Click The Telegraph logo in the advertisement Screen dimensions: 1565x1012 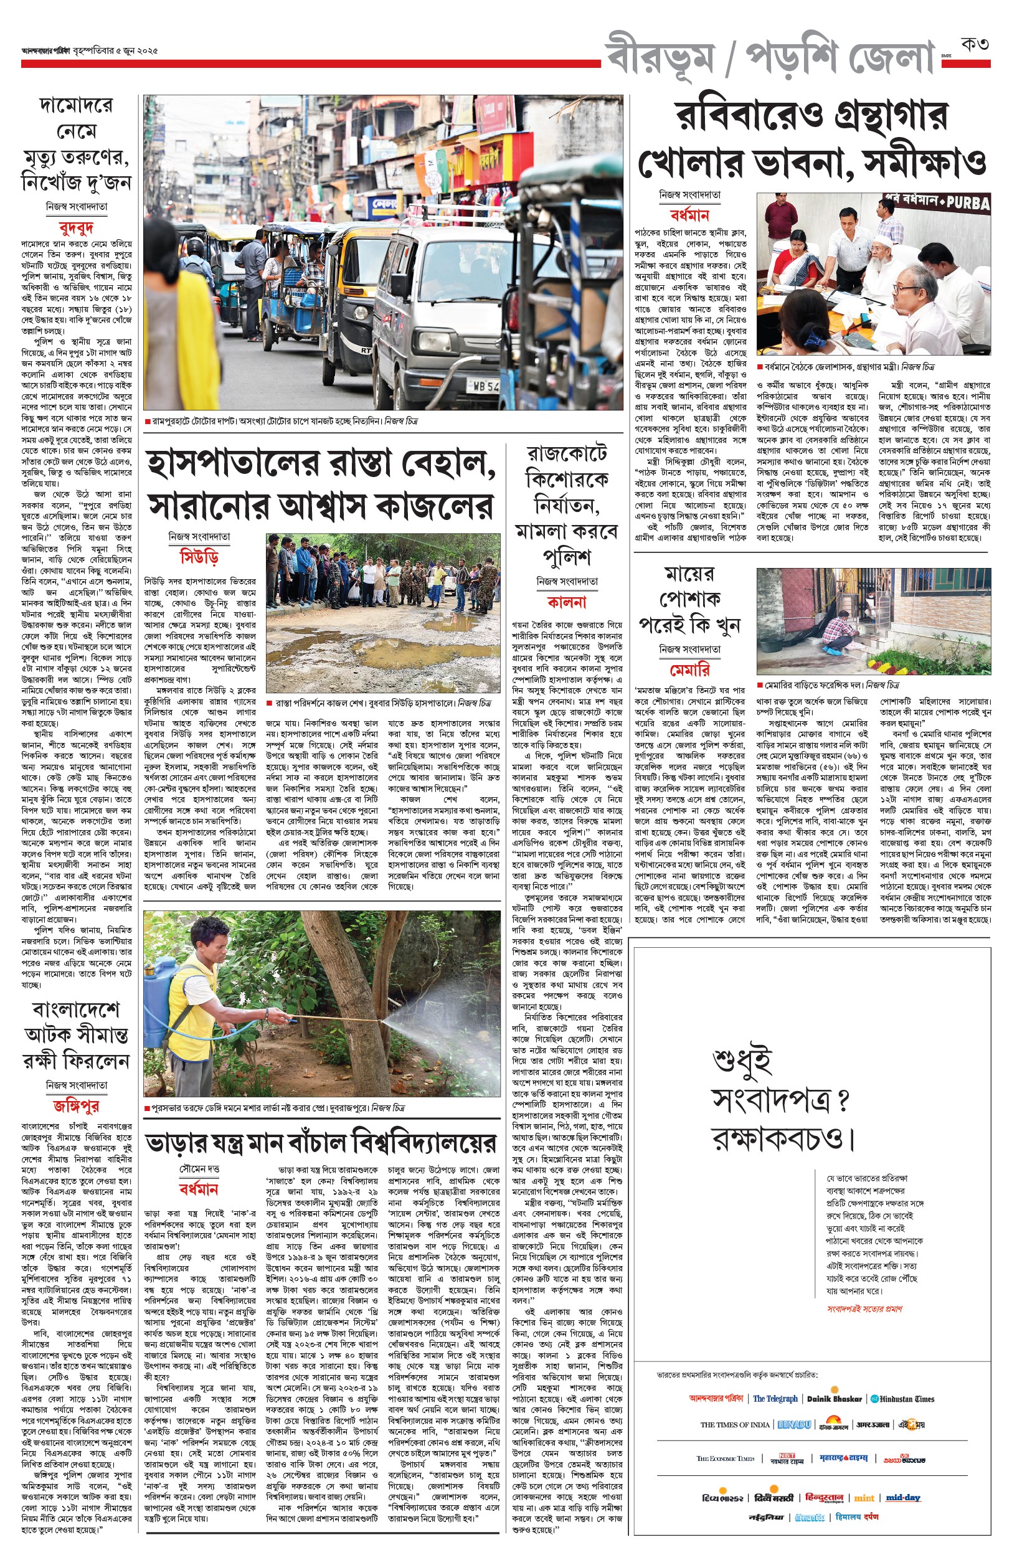click(775, 1399)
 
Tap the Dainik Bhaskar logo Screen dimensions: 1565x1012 click(834, 1399)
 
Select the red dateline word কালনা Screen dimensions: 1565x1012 click(566, 602)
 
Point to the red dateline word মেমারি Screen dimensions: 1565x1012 click(689, 669)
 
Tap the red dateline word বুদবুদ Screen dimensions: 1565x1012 click(76, 228)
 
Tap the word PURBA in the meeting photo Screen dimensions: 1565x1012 click(968, 203)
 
